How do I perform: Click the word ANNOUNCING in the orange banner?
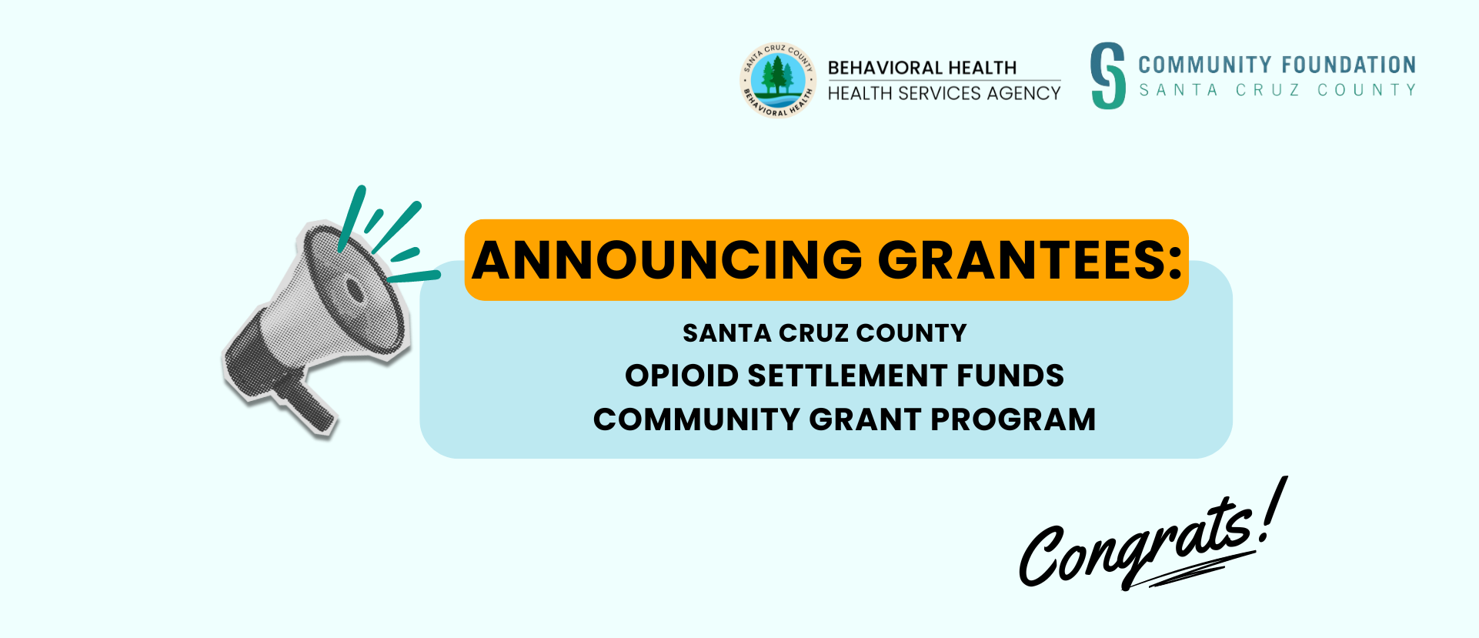click(x=667, y=260)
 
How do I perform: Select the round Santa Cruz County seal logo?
click(x=777, y=80)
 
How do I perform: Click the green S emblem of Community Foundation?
click(x=1108, y=75)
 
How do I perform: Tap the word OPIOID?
click(x=681, y=376)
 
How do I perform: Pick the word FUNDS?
click(x=1010, y=376)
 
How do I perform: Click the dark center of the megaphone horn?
click(x=354, y=291)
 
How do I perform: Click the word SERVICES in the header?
click(x=940, y=93)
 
